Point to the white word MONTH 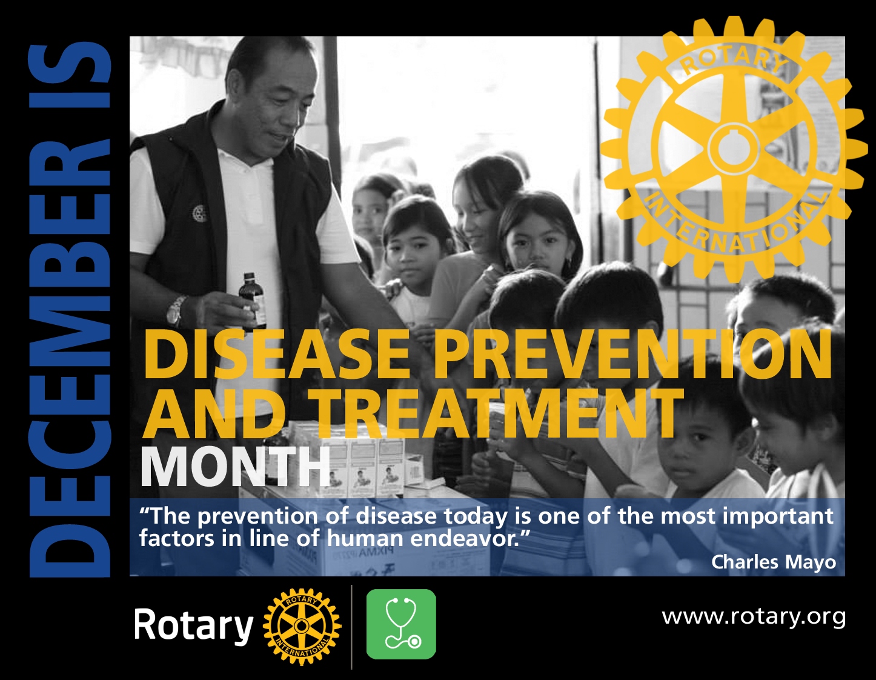point(235,467)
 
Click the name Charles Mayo point(774,562)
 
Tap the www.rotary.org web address point(754,617)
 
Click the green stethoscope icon point(401,624)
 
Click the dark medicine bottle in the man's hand point(251,301)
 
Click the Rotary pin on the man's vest point(199,213)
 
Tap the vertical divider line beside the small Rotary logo point(351,627)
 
